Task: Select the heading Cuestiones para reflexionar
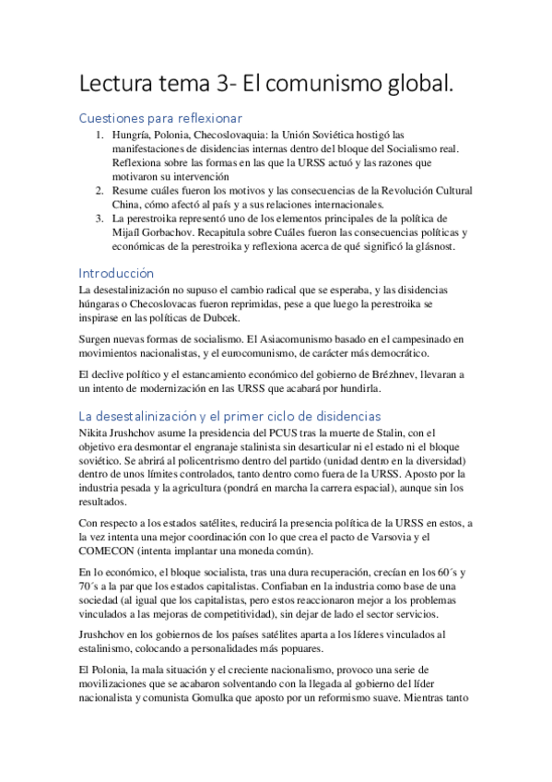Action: tap(161, 118)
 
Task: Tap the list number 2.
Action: tap(100, 190)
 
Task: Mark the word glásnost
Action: tap(446, 248)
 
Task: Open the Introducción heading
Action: tap(116, 274)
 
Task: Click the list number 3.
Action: tap(100, 219)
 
